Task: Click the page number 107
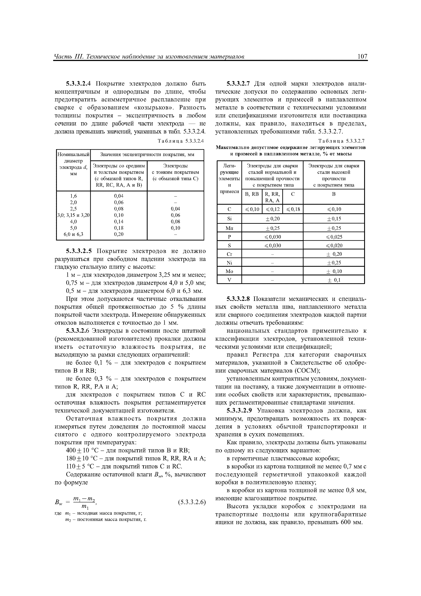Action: click(362, 57)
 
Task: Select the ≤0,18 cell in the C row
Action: click(293, 209)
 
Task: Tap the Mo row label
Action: click(229, 271)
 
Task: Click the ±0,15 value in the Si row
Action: click(334, 219)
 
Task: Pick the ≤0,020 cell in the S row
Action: click(334, 246)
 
